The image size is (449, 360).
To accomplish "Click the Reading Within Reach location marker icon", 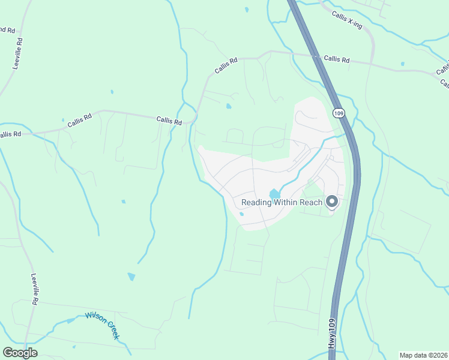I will [332, 202].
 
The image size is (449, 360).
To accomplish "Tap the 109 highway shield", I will [339, 113].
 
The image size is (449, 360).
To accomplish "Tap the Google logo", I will [20, 353].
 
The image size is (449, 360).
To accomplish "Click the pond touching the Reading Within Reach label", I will [275, 194].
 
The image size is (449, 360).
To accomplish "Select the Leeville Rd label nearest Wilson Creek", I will [35, 290].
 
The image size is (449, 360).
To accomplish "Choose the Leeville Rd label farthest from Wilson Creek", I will [19, 53].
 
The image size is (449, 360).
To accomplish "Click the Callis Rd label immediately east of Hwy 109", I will [336, 59].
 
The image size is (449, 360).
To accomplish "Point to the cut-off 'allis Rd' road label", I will [10, 134].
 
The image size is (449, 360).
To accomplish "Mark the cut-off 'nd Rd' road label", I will [7, 29].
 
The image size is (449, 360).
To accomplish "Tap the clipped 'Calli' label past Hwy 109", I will [443, 69].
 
